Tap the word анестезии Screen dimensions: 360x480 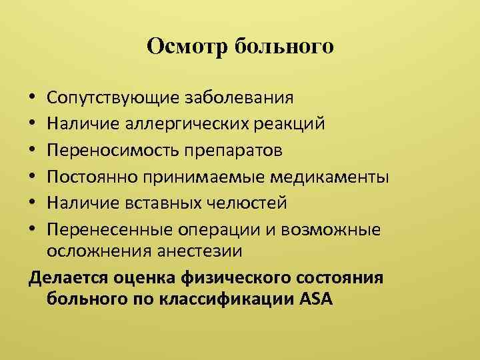click(x=199, y=251)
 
